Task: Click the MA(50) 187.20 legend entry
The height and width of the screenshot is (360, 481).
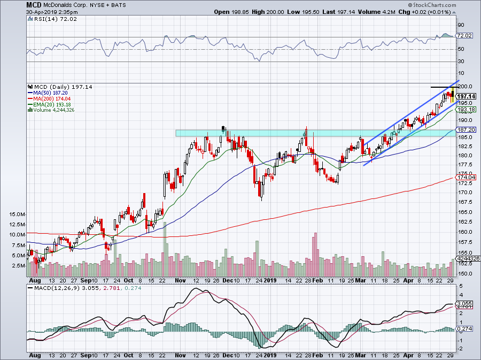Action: coord(52,93)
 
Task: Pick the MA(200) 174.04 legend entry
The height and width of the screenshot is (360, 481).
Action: coord(53,99)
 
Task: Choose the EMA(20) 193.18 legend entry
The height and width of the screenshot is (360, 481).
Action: coord(53,105)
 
